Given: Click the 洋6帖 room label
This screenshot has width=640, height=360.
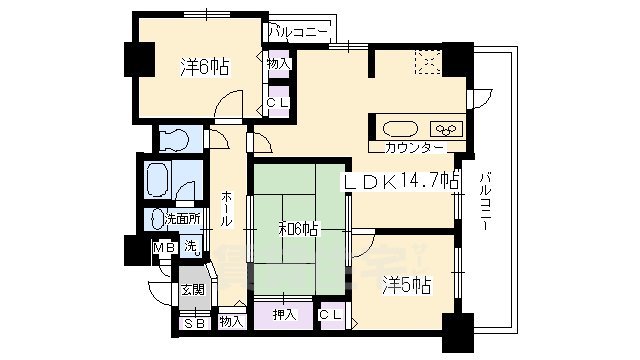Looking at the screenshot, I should point(206,67).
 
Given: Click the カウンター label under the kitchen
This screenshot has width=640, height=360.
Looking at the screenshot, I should point(414,148).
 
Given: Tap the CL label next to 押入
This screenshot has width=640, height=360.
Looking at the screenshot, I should point(331,315).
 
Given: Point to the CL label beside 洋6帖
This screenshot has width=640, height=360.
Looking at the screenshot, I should point(277,102).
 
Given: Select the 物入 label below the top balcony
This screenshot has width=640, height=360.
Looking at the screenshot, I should point(279,64).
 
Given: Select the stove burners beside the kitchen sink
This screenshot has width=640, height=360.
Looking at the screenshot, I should point(444,128).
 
